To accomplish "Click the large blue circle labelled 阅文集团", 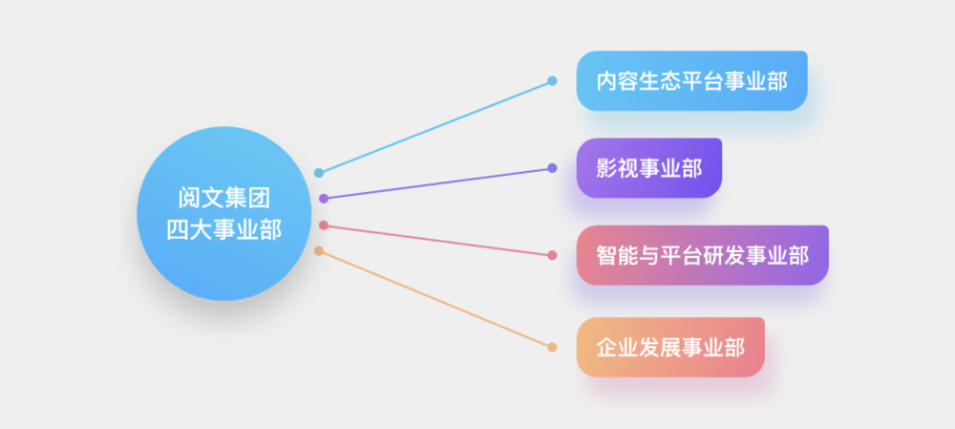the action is click(224, 213).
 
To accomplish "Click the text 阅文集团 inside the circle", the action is click(224, 198).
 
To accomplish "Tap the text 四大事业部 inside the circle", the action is click(224, 229).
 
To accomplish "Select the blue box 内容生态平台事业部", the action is click(691, 81).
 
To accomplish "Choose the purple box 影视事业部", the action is click(649, 168).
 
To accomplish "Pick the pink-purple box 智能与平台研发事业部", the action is click(702, 255).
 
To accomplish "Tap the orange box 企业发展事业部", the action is click(670, 348).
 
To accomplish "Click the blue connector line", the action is click(435, 127).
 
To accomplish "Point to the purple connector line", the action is click(438, 183).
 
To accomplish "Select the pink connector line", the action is click(438, 240).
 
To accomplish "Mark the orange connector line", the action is click(435, 299).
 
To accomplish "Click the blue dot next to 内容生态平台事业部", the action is click(552, 81).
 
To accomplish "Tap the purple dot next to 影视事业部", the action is click(552, 168).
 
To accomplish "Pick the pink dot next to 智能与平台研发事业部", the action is click(552, 255).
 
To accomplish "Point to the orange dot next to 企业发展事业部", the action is click(552, 348).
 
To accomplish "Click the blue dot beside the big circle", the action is click(319, 173).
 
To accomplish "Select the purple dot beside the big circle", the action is click(324, 199).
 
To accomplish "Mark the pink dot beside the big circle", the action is click(324, 225).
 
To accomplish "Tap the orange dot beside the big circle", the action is click(319, 251).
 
